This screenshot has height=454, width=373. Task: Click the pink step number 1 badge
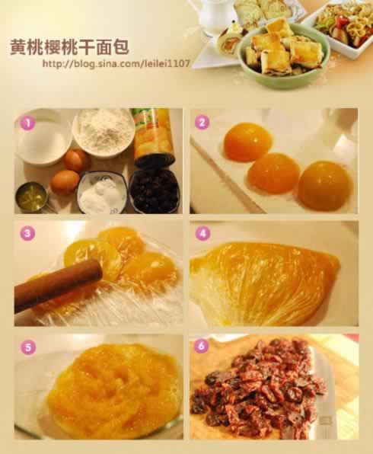click(27, 122)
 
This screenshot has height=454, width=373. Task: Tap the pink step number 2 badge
click(202, 122)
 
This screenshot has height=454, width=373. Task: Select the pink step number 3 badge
click(27, 233)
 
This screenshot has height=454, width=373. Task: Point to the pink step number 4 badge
click(202, 233)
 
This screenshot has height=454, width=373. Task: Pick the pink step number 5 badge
click(27, 347)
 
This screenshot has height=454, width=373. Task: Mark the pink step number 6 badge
click(202, 347)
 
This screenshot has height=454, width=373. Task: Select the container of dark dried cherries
click(154, 190)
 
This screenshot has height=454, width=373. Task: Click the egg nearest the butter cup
click(65, 181)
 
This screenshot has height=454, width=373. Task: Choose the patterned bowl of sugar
click(103, 191)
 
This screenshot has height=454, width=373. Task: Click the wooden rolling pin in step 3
click(58, 284)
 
